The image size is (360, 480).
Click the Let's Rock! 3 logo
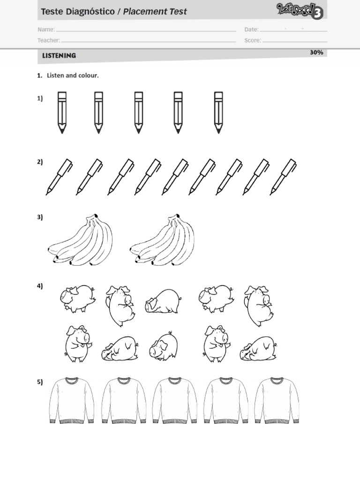(x=300, y=11)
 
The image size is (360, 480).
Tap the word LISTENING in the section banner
(x=59, y=56)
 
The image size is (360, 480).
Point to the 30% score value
(x=316, y=52)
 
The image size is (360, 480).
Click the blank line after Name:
(x=146, y=31)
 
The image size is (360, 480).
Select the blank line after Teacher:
(x=149, y=42)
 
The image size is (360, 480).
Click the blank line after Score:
(x=295, y=42)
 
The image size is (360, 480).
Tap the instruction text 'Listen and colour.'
(x=73, y=75)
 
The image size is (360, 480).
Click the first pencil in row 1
(x=62, y=112)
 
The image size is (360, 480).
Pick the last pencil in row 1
(x=218, y=112)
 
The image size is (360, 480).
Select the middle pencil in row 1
(x=138, y=112)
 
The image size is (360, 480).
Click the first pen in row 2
(x=59, y=177)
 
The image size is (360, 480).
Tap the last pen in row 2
(x=283, y=177)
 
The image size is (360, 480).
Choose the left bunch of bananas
(x=80, y=240)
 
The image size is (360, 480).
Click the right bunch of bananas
(x=162, y=240)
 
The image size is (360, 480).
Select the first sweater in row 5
(x=72, y=400)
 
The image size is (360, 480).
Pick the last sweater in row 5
(x=277, y=400)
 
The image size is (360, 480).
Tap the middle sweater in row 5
(x=174, y=400)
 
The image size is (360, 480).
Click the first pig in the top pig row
(x=77, y=299)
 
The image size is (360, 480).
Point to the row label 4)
(x=40, y=286)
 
